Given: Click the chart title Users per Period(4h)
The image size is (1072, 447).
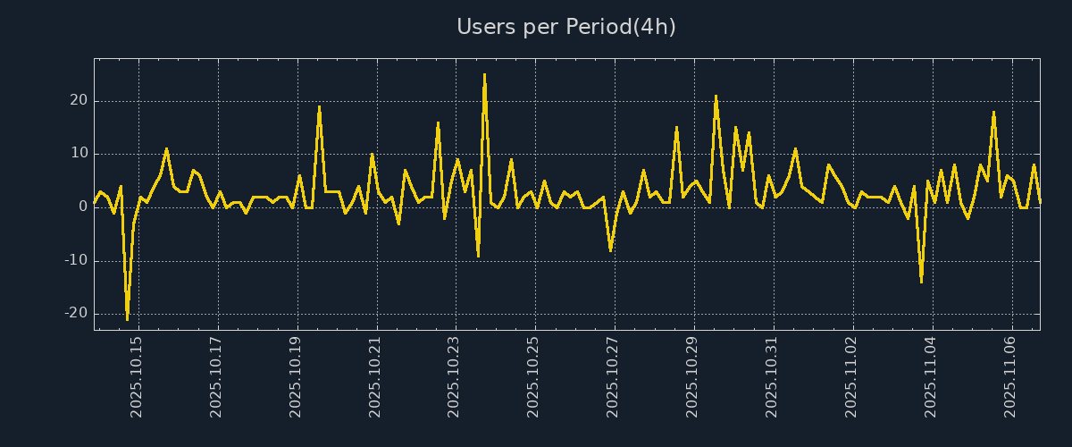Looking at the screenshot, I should (565, 27).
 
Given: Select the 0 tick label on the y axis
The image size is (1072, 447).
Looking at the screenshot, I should (82, 207).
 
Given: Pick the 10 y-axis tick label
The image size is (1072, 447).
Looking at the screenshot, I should (79, 154).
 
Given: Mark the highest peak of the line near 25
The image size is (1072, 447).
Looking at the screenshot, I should (484, 75).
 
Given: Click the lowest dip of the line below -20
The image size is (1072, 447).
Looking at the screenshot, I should (127, 318).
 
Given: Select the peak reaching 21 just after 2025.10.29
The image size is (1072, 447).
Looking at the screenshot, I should (716, 96).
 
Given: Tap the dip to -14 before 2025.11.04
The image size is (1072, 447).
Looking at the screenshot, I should (921, 282).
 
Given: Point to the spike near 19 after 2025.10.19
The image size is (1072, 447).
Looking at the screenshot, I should (319, 107).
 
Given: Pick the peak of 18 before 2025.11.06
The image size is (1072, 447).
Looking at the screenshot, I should (993, 113).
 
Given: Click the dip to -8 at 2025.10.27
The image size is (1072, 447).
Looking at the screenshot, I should (610, 250).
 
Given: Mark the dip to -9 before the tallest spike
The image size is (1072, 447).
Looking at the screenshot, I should (478, 256).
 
